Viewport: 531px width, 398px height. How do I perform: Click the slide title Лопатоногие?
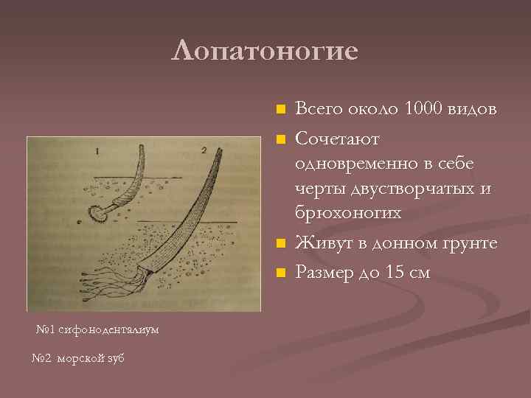(x=265, y=52)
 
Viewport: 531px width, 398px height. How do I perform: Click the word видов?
(x=473, y=109)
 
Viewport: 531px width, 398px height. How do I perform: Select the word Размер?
(x=325, y=273)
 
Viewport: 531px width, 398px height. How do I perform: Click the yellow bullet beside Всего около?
(x=279, y=110)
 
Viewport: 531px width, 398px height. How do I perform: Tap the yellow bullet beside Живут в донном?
(x=279, y=244)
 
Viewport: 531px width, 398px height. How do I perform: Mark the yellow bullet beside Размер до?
(x=279, y=273)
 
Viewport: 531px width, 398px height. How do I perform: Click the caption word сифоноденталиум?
(x=105, y=329)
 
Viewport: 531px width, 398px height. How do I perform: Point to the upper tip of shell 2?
(x=220, y=150)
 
